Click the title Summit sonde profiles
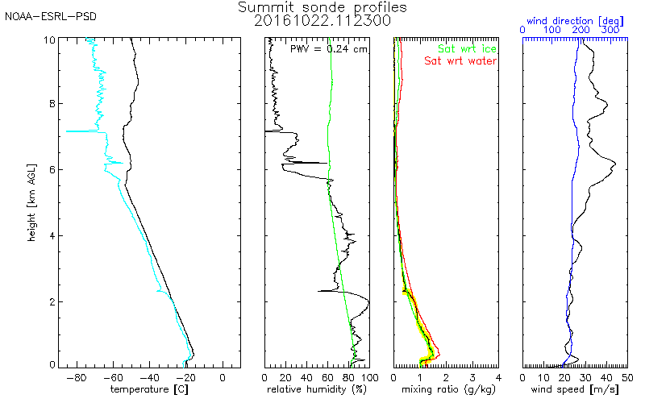(322, 7)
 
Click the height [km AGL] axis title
(30, 201)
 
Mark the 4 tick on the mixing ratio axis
(498, 376)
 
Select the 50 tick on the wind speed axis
(627, 376)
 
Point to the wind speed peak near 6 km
(616, 164)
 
